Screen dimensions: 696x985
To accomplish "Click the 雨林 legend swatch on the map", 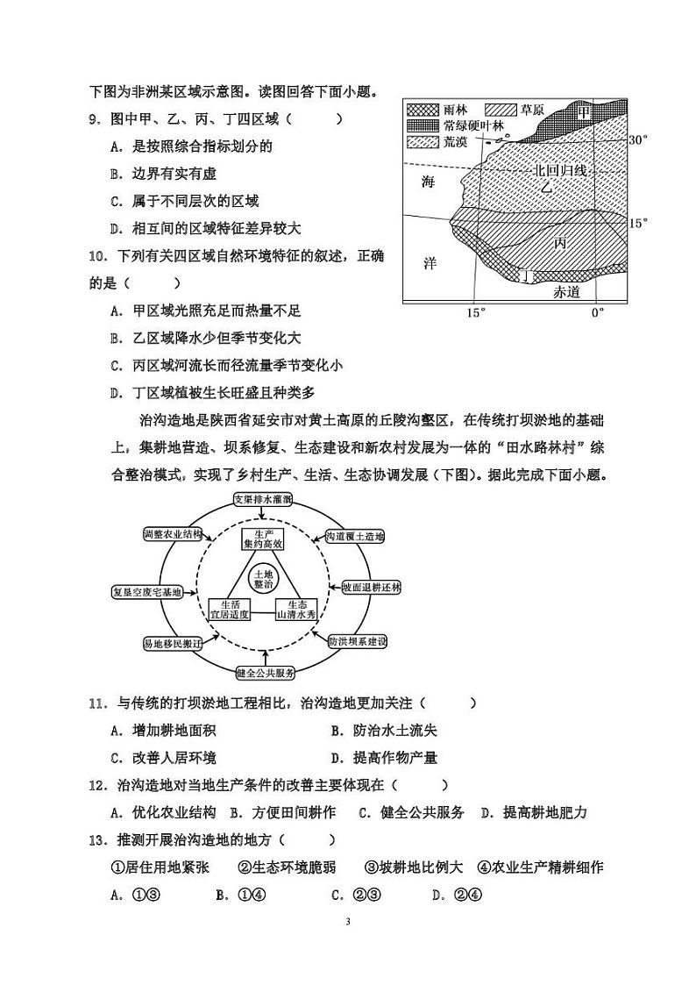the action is [423, 111].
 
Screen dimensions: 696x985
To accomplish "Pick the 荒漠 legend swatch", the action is [423, 140].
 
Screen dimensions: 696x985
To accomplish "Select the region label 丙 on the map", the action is [561, 243].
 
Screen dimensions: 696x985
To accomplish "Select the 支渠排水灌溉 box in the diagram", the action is [263, 498].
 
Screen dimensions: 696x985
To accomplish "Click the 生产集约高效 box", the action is [264, 539].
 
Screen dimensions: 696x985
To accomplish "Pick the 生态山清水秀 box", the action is [301, 610].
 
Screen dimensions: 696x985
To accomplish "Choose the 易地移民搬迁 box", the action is [173, 643].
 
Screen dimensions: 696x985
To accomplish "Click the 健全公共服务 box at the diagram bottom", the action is [265, 674].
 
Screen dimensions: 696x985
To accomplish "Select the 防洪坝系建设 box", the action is [357, 642].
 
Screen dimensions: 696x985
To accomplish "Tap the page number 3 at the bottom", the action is [348, 922].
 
